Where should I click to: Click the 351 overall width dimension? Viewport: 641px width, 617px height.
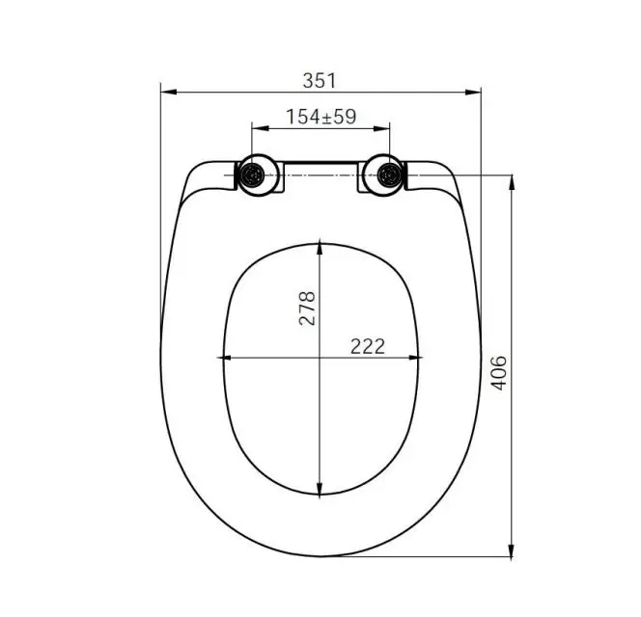pos(320,80)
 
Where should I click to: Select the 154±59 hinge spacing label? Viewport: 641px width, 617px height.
pos(320,117)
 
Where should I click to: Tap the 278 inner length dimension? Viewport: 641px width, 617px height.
pos(307,308)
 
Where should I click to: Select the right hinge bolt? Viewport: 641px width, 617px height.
pos(389,175)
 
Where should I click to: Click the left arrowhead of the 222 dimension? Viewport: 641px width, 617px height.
pos(228,360)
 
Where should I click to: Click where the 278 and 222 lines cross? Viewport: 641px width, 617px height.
pos(320,360)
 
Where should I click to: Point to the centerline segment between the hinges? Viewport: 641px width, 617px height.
pos(320,175)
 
